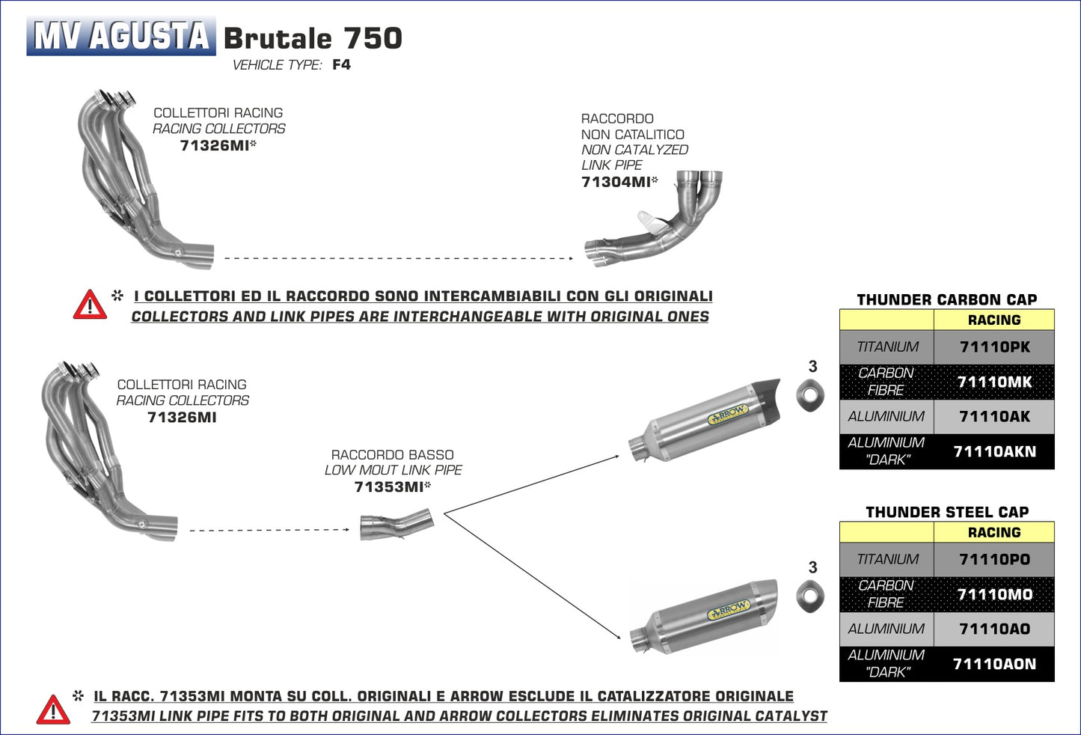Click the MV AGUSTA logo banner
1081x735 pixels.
pos(121,36)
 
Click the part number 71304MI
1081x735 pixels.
pos(616,182)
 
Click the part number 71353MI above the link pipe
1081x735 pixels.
pos(389,487)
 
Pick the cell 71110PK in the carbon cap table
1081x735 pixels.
pos(994,347)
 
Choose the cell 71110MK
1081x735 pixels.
pos(994,382)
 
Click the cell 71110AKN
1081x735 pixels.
pos(994,451)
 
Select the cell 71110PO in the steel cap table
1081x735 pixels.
pos(994,560)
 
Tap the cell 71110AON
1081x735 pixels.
pos(994,664)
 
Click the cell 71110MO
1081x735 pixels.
pos(994,594)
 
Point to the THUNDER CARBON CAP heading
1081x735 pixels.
pos(946,299)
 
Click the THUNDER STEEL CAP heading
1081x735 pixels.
pos(946,512)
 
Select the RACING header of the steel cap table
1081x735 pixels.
pos(993,532)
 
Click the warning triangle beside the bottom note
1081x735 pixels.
pos(53,710)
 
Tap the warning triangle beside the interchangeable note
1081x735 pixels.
pos(90,305)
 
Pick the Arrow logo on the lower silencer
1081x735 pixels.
pos(729,610)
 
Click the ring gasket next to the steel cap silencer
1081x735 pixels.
pos(809,596)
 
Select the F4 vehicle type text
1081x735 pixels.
pos(341,64)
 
